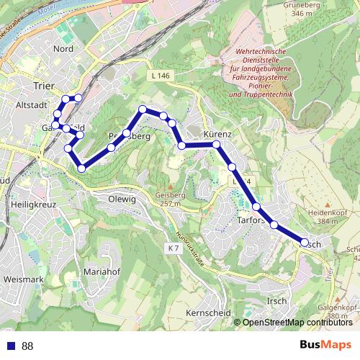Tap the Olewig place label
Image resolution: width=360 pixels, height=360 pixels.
(x=121, y=199)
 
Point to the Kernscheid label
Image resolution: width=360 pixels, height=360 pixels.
(x=207, y=313)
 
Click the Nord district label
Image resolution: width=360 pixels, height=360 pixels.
(x=63, y=49)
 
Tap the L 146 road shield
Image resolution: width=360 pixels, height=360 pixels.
(x=162, y=75)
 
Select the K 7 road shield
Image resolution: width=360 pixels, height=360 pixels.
(x=172, y=248)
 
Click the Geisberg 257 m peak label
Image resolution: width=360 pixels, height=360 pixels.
(x=171, y=199)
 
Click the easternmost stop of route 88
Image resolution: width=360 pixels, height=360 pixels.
(x=305, y=243)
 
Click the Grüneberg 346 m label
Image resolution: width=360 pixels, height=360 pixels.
(x=301, y=9)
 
